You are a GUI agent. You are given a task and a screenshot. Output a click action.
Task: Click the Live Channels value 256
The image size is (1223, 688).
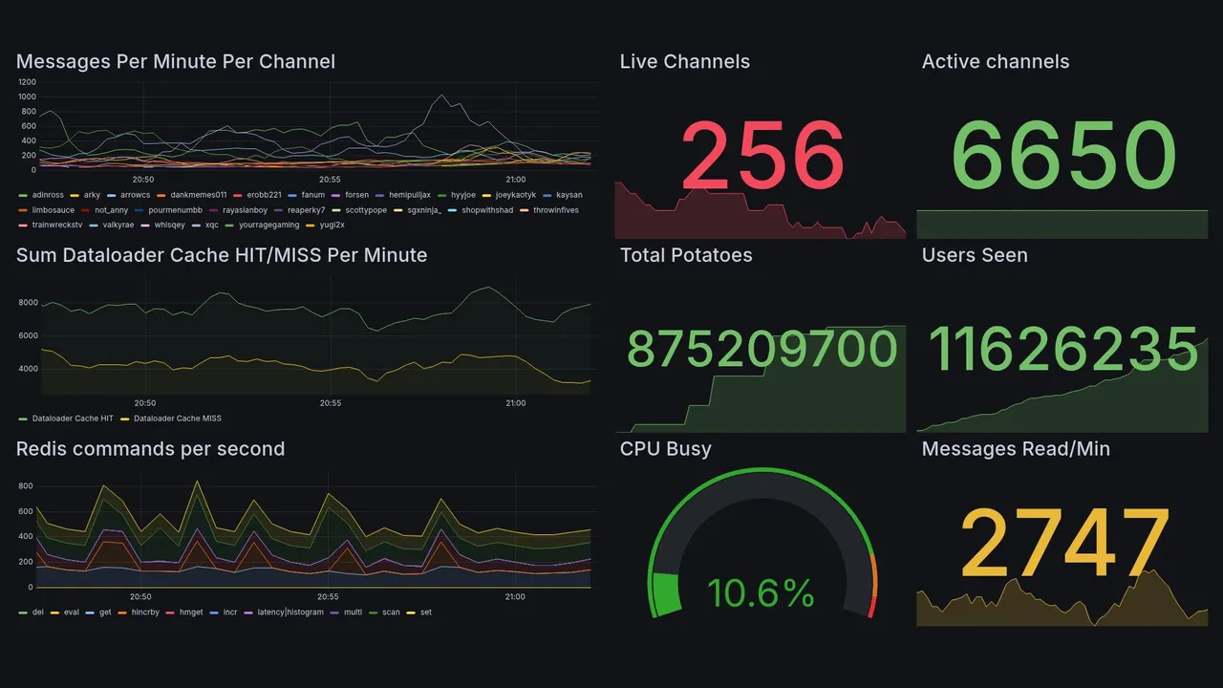pos(762,154)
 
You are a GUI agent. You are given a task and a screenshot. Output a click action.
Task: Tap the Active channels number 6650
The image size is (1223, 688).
pos(1063,156)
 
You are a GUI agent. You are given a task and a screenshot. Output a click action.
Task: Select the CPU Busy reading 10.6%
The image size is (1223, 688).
pos(761,593)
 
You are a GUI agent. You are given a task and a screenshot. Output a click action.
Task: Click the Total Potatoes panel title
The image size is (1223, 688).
pos(685,255)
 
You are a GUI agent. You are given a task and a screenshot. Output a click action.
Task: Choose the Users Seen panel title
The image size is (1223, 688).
pos(974,255)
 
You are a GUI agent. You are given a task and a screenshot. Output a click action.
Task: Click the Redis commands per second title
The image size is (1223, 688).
pos(150,449)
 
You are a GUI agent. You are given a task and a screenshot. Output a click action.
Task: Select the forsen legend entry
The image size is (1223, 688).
pos(355,195)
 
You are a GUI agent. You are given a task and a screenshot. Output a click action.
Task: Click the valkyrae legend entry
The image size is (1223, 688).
pos(118,226)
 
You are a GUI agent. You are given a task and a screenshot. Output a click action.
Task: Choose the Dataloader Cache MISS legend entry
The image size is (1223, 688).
pos(177,419)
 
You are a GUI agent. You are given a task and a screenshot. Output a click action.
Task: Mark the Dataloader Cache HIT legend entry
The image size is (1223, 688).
pos(72,419)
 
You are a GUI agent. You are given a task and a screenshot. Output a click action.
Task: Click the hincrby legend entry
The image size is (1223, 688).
pos(147,612)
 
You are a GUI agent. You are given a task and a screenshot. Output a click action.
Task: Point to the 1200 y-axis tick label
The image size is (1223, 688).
pos(27,82)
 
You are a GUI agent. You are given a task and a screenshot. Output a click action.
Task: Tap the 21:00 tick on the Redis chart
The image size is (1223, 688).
pos(514,597)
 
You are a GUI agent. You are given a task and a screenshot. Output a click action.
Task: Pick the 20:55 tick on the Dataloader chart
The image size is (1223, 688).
pos(330,403)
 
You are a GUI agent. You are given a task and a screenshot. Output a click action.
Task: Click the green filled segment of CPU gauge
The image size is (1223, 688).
pos(665,592)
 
